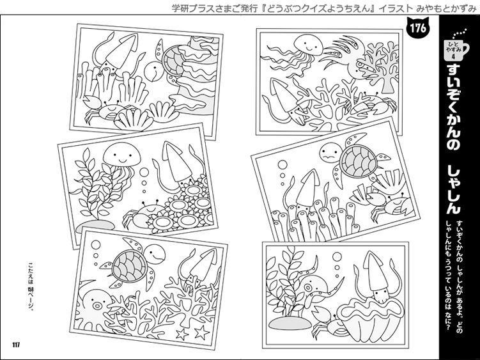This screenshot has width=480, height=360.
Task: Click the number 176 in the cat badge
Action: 418,29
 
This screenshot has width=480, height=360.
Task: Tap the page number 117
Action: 16,345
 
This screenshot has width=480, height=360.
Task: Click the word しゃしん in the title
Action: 453,189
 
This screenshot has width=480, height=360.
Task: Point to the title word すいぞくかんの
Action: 453,108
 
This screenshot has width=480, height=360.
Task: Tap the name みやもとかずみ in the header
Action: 447,8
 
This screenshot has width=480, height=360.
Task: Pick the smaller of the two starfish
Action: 182,334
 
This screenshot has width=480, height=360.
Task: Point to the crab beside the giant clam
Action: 328,324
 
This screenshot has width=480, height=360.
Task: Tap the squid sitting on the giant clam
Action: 378,278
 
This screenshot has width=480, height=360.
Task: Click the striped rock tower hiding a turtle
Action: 196,75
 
